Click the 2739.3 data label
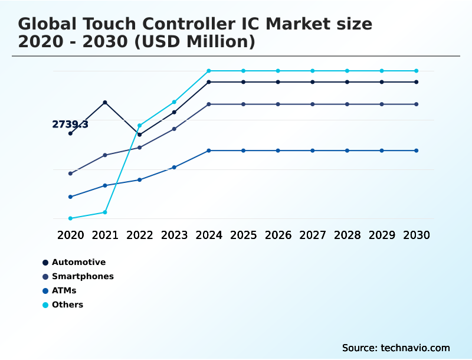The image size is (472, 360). pos(70,125)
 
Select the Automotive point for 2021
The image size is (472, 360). pos(105,103)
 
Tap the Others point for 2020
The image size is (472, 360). pos(70,218)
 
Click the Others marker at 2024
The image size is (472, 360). pos(209,71)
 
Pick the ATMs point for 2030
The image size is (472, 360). pos(416,150)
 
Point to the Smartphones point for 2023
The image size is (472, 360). pos(174,129)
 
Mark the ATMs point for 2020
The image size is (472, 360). pos(70,197)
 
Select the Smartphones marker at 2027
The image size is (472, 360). pos(313,104)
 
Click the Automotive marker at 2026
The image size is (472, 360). pos(278,82)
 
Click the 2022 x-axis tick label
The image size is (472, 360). pos(140,235)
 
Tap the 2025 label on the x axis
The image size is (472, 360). pos(243,235)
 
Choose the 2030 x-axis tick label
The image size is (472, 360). pos(416,235)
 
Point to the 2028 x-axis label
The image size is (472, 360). pos(347,235)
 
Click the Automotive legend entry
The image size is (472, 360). pos(78,262)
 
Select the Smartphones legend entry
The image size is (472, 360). pos(83,276)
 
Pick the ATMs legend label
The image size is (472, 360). pos(64,290)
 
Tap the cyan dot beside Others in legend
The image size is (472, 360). pos(45,305)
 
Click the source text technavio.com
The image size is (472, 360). pos(415,348)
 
